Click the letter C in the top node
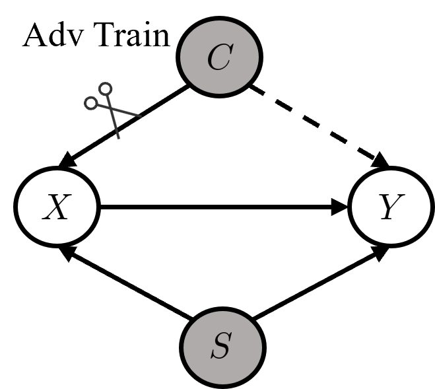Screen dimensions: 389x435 pos(219,58)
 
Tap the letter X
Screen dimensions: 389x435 pos(56,208)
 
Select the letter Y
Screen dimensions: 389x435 pos(390,208)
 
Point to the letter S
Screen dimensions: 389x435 pos(222,347)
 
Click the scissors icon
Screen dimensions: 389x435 pos(112,109)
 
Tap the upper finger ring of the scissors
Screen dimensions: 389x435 pos(106,88)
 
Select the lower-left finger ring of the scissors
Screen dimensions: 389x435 pos(90,103)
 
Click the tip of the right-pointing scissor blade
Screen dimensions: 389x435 pos(141,116)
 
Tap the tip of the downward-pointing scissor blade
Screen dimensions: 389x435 pos(119,138)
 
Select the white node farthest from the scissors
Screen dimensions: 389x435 pos(391,207)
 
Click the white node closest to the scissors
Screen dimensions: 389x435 pos(57,207)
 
